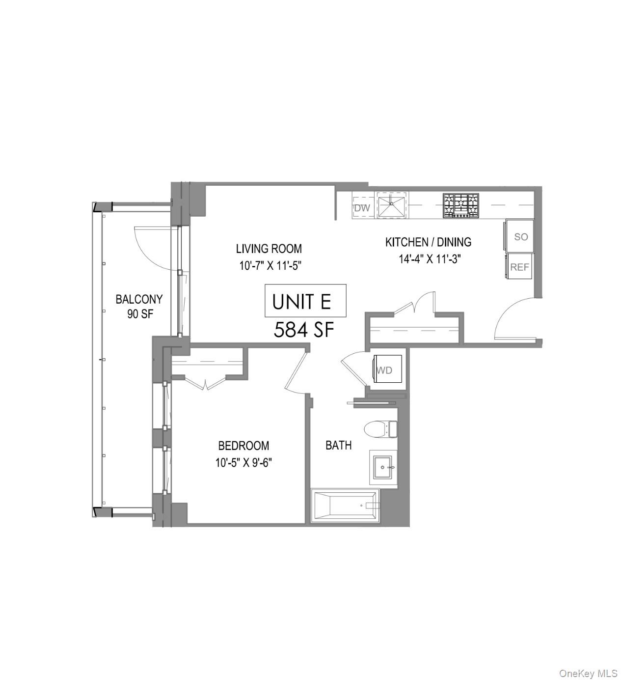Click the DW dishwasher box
point(362,208)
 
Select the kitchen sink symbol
point(391,205)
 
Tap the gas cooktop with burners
point(460,205)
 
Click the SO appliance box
point(520,236)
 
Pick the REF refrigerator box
point(519,267)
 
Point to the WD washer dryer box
point(386,370)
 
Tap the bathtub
point(345,506)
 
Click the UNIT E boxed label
point(305,301)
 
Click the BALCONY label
point(139,299)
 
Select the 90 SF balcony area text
point(140,314)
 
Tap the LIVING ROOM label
point(269,249)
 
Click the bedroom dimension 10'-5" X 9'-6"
point(243,462)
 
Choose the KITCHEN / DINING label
point(428,242)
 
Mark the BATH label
point(338,445)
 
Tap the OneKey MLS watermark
point(588,673)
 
